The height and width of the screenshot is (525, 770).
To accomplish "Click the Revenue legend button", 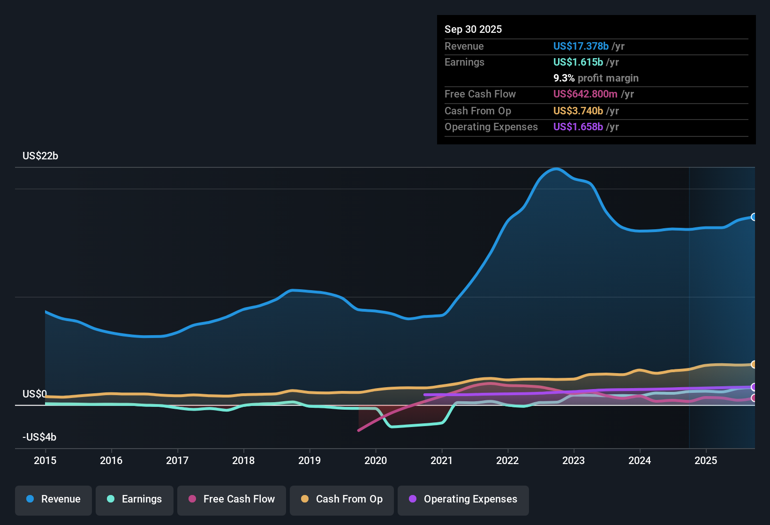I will click(x=53, y=499).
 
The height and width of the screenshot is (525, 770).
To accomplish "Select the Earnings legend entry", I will click(x=135, y=499).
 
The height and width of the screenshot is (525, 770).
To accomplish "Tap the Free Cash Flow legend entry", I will click(x=232, y=499).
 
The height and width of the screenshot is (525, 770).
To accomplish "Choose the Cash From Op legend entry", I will click(x=342, y=499).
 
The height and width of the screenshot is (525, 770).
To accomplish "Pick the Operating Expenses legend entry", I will click(x=463, y=499).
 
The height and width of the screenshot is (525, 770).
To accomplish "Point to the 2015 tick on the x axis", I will click(x=45, y=460).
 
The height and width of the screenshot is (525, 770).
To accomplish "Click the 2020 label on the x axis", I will click(x=376, y=460).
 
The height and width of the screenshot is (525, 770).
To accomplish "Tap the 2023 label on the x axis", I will click(x=574, y=460).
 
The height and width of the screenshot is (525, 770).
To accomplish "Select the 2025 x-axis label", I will click(x=706, y=460).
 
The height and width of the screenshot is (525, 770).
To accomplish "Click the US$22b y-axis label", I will click(x=40, y=156).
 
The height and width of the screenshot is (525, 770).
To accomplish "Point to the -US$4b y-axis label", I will click(x=39, y=437).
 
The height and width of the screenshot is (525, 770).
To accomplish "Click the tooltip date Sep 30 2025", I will click(x=473, y=29).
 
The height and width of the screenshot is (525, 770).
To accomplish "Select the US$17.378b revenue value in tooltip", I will click(x=581, y=46).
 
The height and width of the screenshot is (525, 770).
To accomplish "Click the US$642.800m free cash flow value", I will click(x=585, y=94).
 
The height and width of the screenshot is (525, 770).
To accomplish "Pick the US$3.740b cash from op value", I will click(x=578, y=111).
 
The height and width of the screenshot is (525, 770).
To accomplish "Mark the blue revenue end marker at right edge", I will click(x=754, y=217).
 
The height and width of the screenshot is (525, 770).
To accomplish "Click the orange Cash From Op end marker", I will click(x=754, y=364).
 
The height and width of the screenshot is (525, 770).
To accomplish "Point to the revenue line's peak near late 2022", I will click(x=556, y=169).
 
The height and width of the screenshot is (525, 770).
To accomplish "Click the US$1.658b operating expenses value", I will click(x=578, y=127).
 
